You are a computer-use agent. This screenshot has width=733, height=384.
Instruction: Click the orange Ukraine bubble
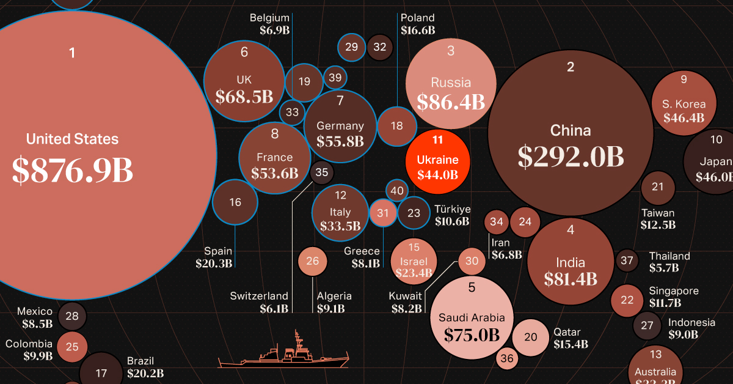click(x=437, y=158)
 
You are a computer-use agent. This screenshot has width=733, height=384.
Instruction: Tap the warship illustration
click(x=283, y=354)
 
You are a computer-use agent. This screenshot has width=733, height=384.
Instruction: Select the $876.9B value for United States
click(x=72, y=171)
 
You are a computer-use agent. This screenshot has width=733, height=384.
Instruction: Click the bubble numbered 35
click(x=321, y=172)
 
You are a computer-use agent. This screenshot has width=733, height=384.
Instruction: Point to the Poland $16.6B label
click(x=418, y=24)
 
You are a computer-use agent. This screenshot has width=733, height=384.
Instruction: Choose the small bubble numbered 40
click(x=397, y=191)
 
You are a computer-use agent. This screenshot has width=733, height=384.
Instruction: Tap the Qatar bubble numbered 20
click(x=530, y=337)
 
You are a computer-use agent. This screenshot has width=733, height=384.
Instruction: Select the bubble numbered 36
click(x=507, y=358)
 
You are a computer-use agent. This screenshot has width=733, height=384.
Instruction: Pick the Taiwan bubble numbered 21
click(x=657, y=187)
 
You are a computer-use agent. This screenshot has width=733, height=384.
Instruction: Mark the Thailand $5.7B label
click(x=669, y=262)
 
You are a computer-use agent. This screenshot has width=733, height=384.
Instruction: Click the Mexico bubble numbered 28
click(x=72, y=316)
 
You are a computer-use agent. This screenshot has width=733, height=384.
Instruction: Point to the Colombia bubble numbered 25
click(x=72, y=347)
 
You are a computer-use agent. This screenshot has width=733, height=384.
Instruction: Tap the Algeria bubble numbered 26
click(x=312, y=261)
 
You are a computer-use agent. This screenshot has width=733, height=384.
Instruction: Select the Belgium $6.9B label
click(x=269, y=24)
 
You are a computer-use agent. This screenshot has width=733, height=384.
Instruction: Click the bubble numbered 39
click(x=335, y=78)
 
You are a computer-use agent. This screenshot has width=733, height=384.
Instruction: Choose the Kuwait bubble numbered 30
click(x=472, y=261)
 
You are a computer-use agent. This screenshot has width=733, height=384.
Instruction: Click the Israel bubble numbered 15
click(x=414, y=260)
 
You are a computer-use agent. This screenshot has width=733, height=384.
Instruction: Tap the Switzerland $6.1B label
click(x=259, y=303)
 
